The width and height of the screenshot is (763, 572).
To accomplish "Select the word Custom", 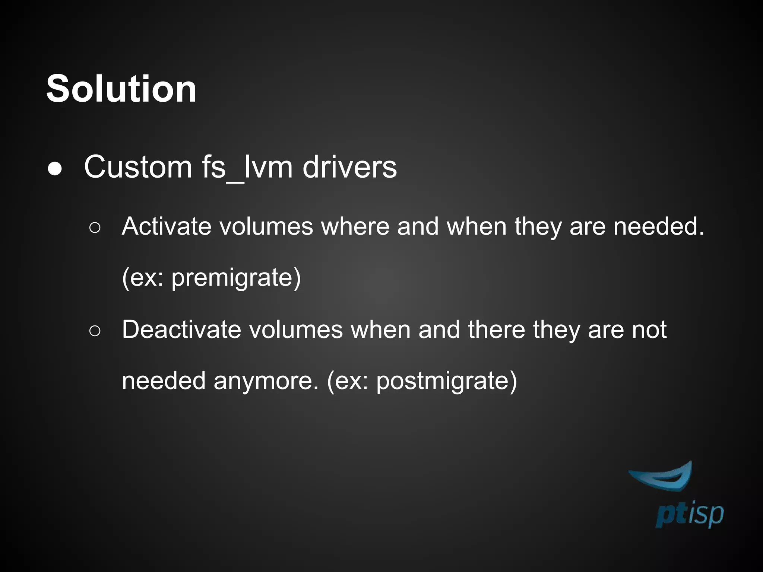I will tap(138, 167).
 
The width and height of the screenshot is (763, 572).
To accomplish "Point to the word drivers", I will tap(349, 167).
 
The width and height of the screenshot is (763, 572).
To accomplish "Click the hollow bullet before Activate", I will tap(95, 228).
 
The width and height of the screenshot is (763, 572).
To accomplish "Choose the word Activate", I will tap(166, 226).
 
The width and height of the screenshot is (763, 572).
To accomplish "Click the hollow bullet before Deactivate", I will tap(95, 331).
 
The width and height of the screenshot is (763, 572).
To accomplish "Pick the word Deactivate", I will tap(181, 330).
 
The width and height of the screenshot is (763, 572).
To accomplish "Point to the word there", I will tap(496, 330).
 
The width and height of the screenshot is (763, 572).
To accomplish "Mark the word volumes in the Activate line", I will tap(266, 226).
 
